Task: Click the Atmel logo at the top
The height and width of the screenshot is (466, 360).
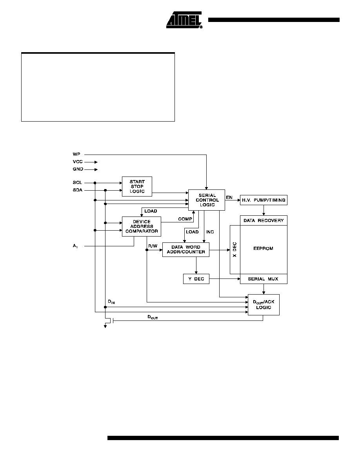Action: (184, 20)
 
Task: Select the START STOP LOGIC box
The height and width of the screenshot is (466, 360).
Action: (137, 186)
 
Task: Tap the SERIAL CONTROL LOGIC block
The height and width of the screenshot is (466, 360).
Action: (207, 200)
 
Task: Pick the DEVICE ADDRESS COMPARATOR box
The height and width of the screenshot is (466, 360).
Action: (142, 226)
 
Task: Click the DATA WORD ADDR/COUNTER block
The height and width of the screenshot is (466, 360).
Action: (185, 249)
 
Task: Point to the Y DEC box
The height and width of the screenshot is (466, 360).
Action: (196, 279)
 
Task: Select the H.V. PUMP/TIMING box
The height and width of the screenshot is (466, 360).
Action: (264, 200)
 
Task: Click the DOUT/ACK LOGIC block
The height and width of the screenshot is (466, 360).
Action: (264, 305)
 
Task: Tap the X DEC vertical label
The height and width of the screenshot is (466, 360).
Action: (235, 249)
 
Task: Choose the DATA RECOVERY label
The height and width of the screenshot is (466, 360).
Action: (264, 220)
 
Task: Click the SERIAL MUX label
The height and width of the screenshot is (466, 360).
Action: (263, 279)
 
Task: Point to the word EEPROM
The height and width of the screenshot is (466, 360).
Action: (263, 248)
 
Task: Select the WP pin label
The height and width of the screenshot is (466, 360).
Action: (76, 154)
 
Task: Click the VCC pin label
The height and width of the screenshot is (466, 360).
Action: (78, 162)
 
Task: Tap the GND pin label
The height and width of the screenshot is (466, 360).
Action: (78, 169)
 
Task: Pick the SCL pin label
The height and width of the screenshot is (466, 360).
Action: (77, 182)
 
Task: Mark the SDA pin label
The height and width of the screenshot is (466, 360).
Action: (78, 190)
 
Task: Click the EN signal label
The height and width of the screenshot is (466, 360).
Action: (229, 197)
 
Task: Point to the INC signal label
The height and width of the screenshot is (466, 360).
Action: (210, 232)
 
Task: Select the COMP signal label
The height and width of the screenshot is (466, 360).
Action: (185, 219)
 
